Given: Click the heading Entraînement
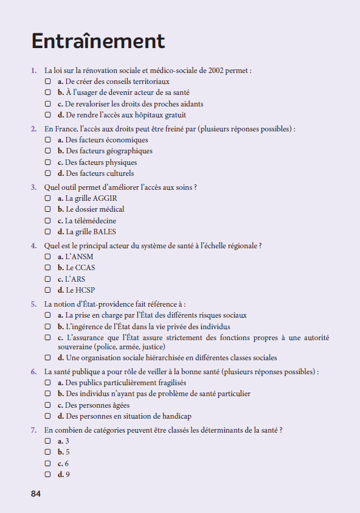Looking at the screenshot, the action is [98, 41].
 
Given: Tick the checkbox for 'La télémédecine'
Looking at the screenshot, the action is [47, 221].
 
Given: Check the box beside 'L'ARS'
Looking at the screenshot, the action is [47, 279].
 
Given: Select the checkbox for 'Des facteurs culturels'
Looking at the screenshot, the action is [47, 173].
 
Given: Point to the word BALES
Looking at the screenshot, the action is [104, 232].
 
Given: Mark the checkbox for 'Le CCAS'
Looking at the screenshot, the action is [47, 268].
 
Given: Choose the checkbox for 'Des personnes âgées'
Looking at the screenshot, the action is [47, 405].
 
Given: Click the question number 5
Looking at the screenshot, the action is [33, 304].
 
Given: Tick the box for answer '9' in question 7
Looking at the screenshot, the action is [47, 475].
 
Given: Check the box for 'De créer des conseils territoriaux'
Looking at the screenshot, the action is [47, 81].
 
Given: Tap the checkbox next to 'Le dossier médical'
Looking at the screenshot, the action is [47, 209].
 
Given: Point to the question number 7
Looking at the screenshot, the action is [33, 430].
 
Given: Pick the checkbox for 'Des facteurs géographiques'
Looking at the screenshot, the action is [47, 151].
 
